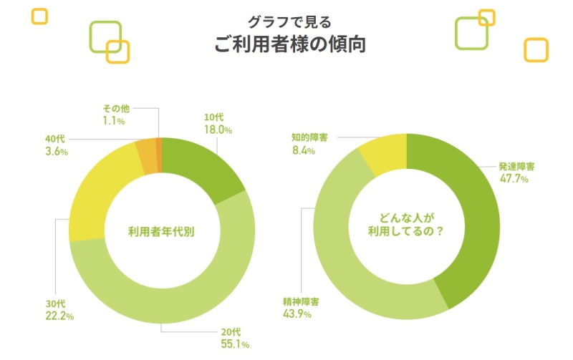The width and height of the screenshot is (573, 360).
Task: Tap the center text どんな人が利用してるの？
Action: coord(407,223)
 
